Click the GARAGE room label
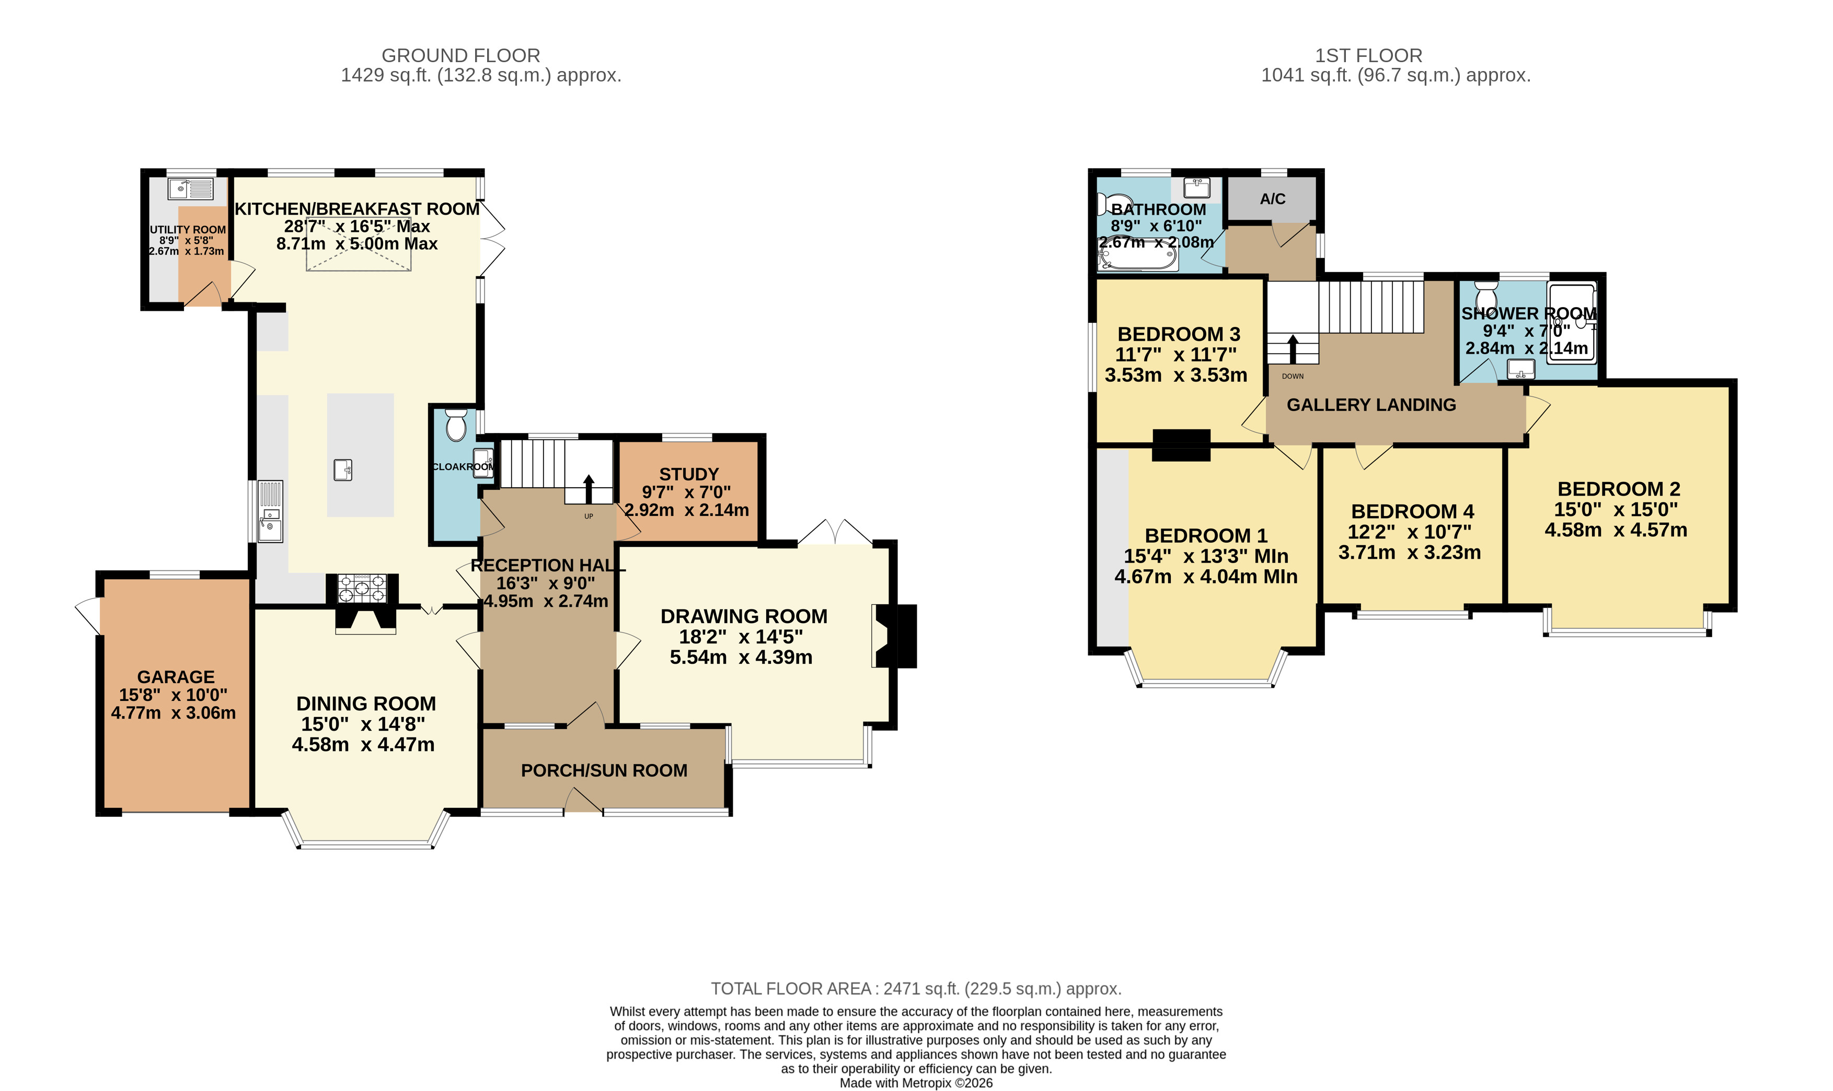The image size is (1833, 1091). tap(176, 677)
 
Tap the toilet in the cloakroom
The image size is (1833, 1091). tap(456, 426)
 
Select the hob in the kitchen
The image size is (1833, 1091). tap(361, 588)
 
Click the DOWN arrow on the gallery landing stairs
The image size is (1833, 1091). tap(1293, 349)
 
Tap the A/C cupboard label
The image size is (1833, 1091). tap(1273, 198)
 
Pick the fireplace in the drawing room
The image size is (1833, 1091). tap(894, 636)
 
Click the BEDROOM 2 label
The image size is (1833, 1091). tap(1618, 489)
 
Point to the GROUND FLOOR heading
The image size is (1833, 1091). tap(460, 56)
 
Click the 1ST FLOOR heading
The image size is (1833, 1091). tap(1368, 56)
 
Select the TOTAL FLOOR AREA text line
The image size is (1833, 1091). tap(916, 989)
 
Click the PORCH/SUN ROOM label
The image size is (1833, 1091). tap(604, 770)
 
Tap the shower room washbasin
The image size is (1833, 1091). tap(1521, 368)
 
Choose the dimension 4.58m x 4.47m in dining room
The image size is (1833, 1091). tap(363, 745)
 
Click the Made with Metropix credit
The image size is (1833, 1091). tap(916, 1083)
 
